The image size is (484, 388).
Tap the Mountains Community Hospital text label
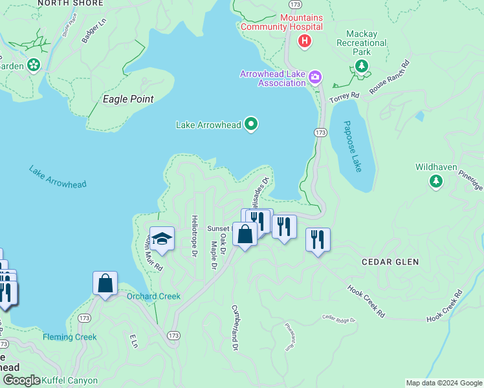(281, 22)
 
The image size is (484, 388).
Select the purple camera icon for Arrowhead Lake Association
(315, 78)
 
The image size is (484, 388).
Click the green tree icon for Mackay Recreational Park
(361, 66)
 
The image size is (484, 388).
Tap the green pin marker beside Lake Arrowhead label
(251, 124)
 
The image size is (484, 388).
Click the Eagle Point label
(129, 99)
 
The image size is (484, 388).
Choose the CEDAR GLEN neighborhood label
(390, 262)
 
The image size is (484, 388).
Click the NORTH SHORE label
(71, 3)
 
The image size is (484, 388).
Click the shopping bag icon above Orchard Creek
(105, 283)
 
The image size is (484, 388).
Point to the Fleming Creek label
(70, 337)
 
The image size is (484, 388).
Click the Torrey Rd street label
(344, 96)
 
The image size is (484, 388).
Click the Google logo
(21, 380)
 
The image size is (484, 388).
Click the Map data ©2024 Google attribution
(443, 383)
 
